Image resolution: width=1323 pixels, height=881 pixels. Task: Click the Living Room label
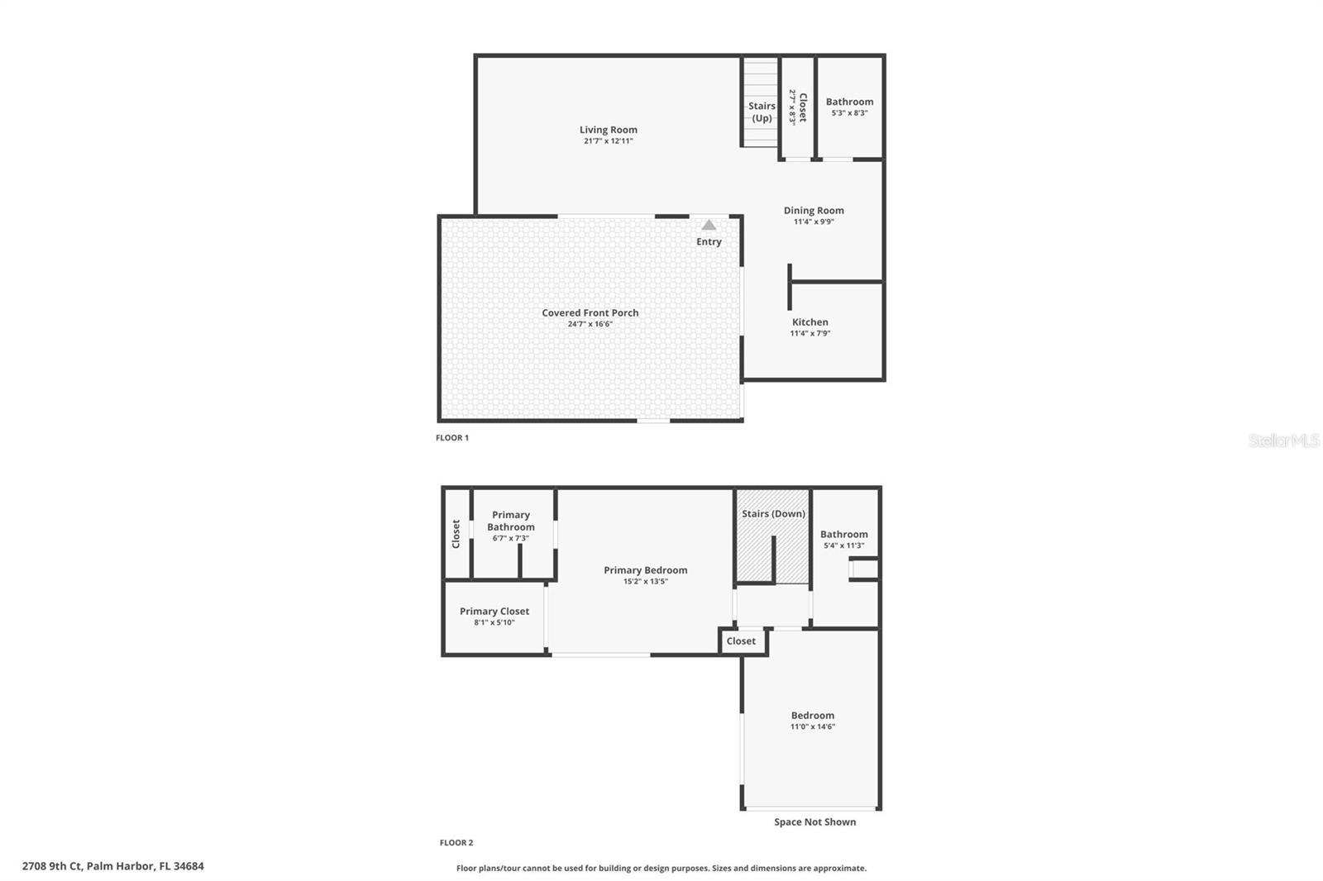[608, 130]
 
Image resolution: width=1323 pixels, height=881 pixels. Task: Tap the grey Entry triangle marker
[709, 225]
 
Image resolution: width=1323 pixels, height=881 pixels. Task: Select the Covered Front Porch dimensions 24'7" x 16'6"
[590, 324]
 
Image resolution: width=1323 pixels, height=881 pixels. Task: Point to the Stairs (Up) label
[762, 112]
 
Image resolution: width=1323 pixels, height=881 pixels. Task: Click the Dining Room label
[814, 211]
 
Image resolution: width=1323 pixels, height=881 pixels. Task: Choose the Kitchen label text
[810, 322]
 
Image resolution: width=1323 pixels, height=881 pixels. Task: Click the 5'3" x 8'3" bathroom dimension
[849, 113]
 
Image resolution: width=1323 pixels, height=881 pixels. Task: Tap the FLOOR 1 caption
[452, 438]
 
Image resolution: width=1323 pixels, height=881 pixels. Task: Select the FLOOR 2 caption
[456, 843]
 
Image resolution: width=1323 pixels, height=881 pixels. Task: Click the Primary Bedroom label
[645, 570]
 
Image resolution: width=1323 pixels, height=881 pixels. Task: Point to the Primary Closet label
[494, 612]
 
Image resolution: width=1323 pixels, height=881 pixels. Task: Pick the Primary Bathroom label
[511, 521]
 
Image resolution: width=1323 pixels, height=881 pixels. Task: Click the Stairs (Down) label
[773, 514]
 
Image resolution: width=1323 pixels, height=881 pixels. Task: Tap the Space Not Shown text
[814, 822]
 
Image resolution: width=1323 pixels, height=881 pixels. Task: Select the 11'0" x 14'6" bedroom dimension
[812, 727]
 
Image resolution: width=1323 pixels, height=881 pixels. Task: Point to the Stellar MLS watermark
[1283, 440]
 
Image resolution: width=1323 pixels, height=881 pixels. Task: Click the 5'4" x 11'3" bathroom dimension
[843, 545]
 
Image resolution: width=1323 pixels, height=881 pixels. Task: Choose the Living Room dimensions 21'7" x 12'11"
[608, 141]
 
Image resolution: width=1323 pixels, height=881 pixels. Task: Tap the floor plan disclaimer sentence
[661, 869]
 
